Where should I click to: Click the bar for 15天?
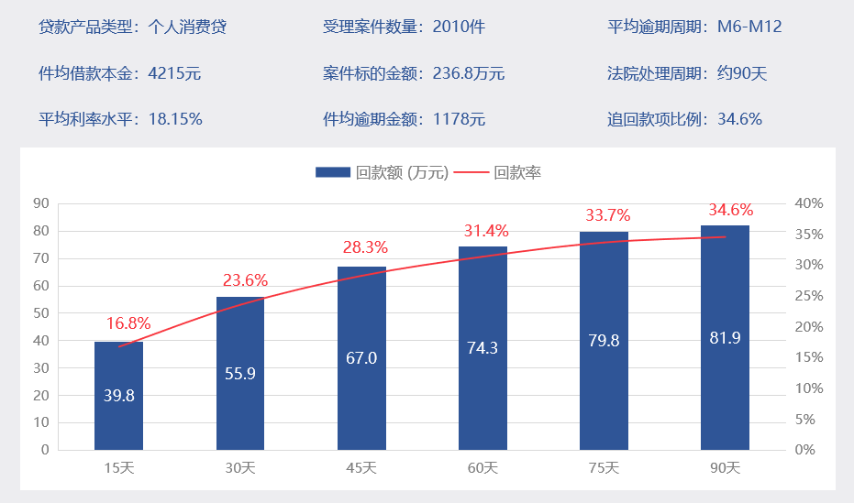118,396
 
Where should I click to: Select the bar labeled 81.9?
725,337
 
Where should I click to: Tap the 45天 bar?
361,358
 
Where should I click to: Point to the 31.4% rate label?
484,231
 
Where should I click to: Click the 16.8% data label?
128,323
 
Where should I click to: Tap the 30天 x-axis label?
240,468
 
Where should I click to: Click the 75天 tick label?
604,468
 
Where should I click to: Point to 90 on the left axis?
40,203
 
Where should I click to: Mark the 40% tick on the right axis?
810,203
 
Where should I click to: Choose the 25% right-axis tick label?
810,296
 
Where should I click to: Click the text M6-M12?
749,27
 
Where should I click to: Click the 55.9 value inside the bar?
240,373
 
